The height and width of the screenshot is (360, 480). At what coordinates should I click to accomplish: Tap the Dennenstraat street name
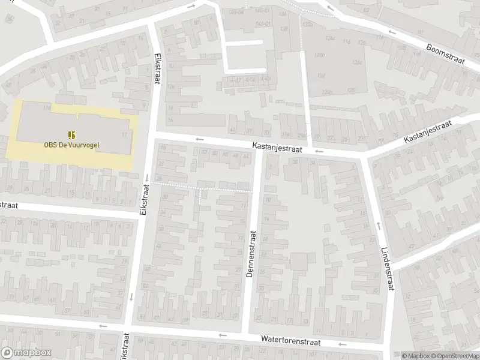(x=251, y=254)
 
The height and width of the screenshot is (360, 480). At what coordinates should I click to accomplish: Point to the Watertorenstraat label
(x=290, y=340)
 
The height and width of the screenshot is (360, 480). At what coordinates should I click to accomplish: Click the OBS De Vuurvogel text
(x=71, y=144)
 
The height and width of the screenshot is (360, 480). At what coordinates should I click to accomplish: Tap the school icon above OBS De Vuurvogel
(x=71, y=134)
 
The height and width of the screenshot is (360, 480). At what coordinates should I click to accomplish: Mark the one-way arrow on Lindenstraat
(x=379, y=225)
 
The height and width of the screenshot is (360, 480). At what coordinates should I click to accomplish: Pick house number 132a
(x=308, y=23)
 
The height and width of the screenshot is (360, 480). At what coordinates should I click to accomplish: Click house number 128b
(x=327, y=91)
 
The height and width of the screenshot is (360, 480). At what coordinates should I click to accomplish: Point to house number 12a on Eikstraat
(x=171, y=86)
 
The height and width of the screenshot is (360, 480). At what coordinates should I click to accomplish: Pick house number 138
(x=284, y=28)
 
